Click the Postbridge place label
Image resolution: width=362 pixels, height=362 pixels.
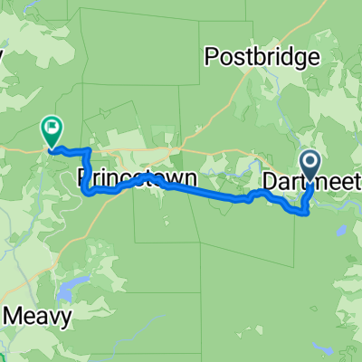pyautogui.click(x=263, y=57)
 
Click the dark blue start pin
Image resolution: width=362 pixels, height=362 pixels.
pyautogui.click(x=310, y=166)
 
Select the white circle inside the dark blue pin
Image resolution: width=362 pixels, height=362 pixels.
pyautogui.click(x=310, y=162)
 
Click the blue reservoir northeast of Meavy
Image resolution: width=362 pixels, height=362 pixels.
pyautogui.click(x=65, y=291)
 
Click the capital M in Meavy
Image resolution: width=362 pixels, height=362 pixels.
pyautogui.click(x=15, y=318)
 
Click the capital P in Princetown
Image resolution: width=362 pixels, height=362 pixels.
pyautogui.click(x=85, y=174)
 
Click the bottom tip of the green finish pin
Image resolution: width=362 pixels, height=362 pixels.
pyautogui.click(x=52, y=148)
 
